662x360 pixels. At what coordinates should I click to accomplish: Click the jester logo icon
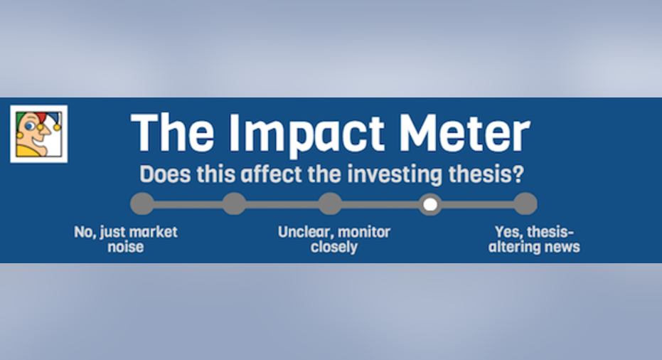click(x=39, y=134)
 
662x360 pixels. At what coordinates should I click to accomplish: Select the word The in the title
click(x=173, y=132)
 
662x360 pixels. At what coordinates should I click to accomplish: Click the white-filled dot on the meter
click(x=430, y=204)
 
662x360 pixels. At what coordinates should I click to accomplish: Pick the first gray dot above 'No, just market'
click(x=142, y=204)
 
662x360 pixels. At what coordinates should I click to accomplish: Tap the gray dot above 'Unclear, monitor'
click(x=330, y=204)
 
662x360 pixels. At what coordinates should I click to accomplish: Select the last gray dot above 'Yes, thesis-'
click(x=525, y=204)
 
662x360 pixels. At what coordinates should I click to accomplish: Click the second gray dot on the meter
click(x=234, y=204)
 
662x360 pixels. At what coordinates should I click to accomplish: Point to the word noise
click(x=125, y=247)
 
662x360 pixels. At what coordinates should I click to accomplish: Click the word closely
click(x=334, y=247)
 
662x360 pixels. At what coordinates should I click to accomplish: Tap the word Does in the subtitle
click(x=165, y=174)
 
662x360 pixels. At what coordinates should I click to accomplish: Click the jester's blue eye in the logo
click(x=29, y=127)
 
